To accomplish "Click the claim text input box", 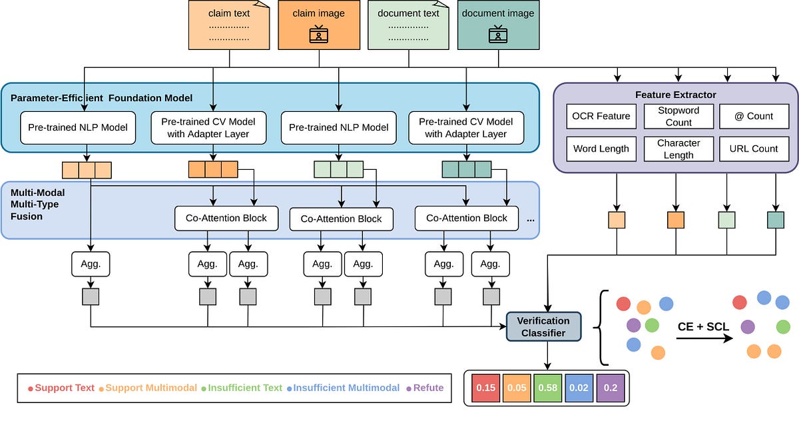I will click(x=229, y=25).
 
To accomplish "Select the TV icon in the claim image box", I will click(x=319, y=35).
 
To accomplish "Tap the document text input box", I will click(x=408, y=25).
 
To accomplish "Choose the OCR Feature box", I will click(x=601, y=116).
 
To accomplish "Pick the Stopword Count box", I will click(x=678, y=116).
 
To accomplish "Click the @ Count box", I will click(x=754, y=116).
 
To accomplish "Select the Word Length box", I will click(x=601, y=149).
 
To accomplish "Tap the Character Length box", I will click(x=678, y=149).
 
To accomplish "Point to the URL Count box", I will click(x=754, y=149).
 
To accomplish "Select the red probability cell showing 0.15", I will click(x=485, y=388).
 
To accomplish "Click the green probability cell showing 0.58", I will click(x=549, y=388).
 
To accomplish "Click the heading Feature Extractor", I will click(x=675, y=95).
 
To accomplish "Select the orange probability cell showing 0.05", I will click(x=517, y=388).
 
